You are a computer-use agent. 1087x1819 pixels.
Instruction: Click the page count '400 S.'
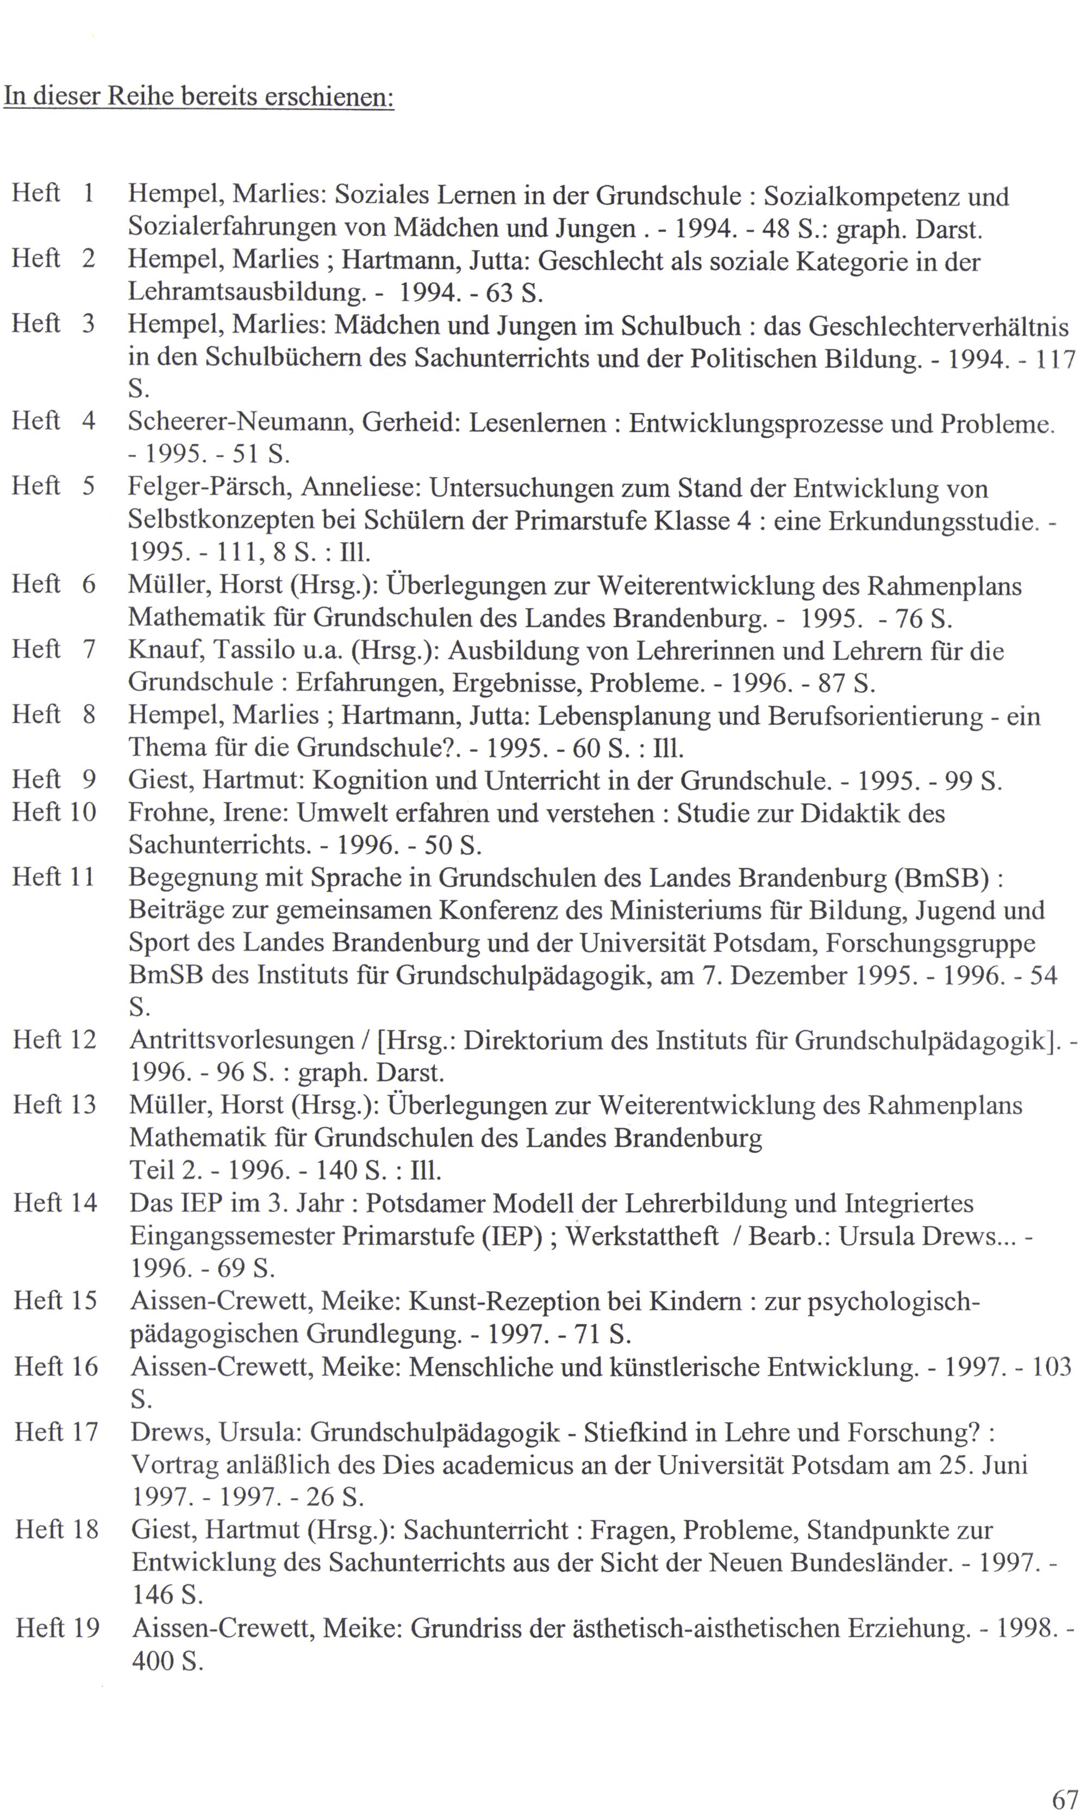[x=167, y=1661]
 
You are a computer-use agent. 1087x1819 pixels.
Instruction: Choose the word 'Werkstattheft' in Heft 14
[x=642, y=1237]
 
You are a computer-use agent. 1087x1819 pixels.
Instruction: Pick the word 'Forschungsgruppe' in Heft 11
[x=930, y=943]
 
